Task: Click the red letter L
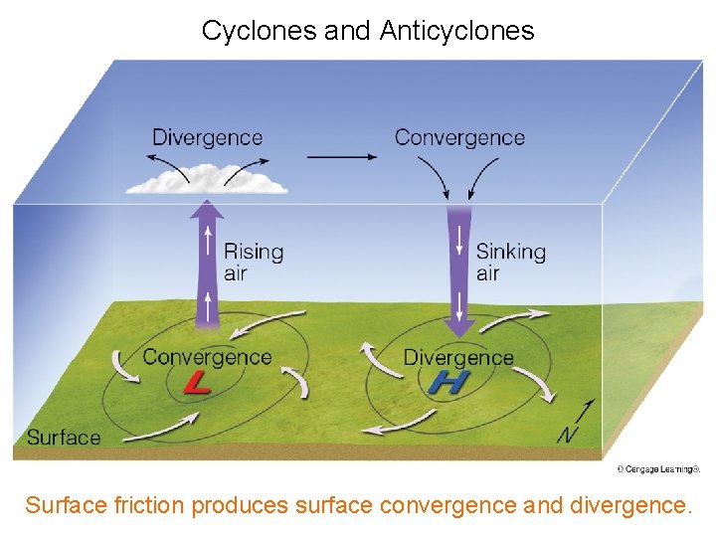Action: point(197,382)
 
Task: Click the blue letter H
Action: point(449,382)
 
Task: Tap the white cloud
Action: point(207,182)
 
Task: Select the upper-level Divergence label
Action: point(207,137)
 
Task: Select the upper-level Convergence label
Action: point(459,137)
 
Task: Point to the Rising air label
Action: point(253,263)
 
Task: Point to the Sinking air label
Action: point(510,263)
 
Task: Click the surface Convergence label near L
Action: point(207,357)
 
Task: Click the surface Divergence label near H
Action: point(458,357)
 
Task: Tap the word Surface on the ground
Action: point(64,438)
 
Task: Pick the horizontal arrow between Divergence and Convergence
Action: point(341,155)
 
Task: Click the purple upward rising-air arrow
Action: point(207,264)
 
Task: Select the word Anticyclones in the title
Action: point(456,31)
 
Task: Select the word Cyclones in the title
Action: point(260,31)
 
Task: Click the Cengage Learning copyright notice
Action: point(658,469)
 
